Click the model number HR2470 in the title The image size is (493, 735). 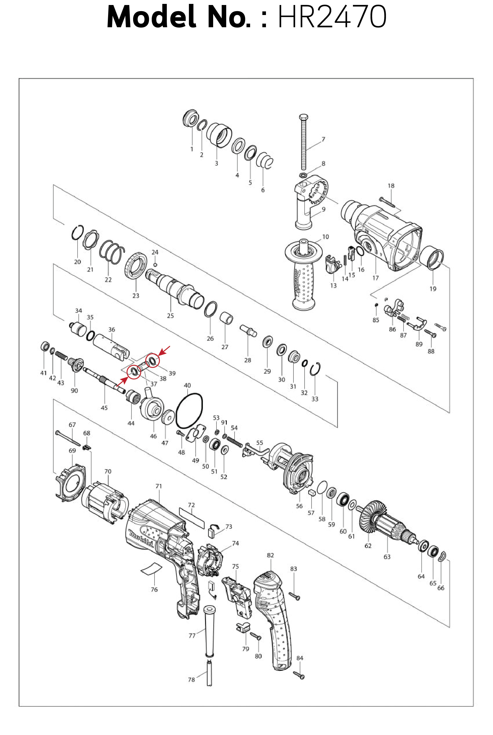(x=332, y=17)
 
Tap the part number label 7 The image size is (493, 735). (x=323, y=139)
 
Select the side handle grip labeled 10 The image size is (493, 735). (x=304, y=283)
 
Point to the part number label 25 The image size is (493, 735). (x=170, y=316)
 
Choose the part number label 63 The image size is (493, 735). (x=387, y=557)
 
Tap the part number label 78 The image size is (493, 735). (x=191, y=680)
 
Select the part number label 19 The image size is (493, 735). (x=433, y=289)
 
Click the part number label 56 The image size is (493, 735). (x=299, y=506)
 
